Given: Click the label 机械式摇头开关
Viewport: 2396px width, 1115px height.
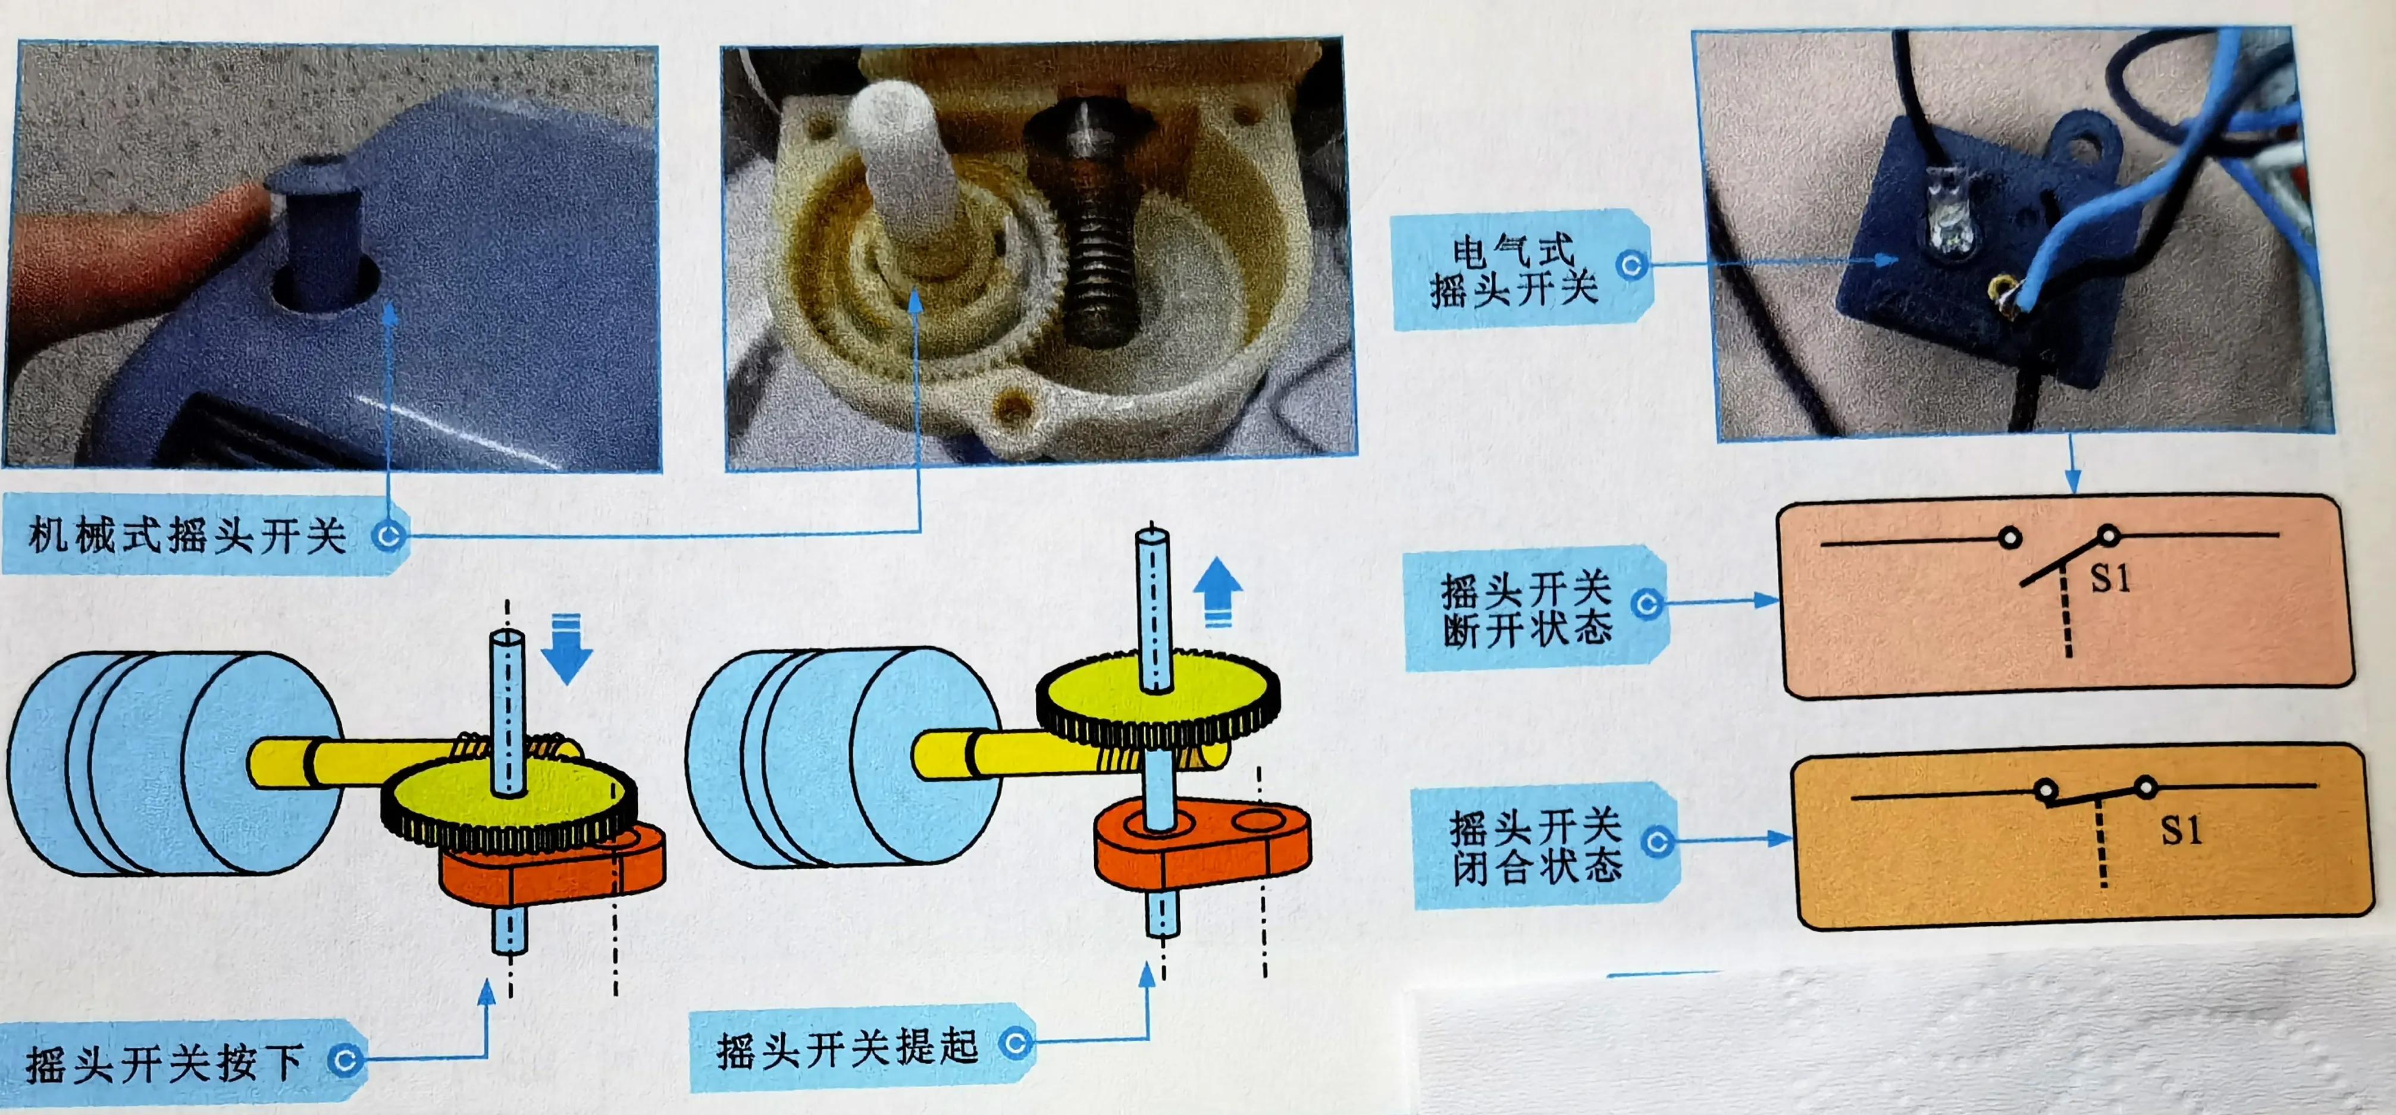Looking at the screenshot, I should (x=186, y=535).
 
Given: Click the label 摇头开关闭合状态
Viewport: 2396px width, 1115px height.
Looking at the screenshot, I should (x=1534, y=846).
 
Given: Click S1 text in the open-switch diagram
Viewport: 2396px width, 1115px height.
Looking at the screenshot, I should (x=2110, y=578).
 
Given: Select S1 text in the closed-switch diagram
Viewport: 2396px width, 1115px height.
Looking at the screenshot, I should (x=2180, y=829).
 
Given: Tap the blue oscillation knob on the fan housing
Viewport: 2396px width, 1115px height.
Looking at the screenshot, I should (x=321, y=233).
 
